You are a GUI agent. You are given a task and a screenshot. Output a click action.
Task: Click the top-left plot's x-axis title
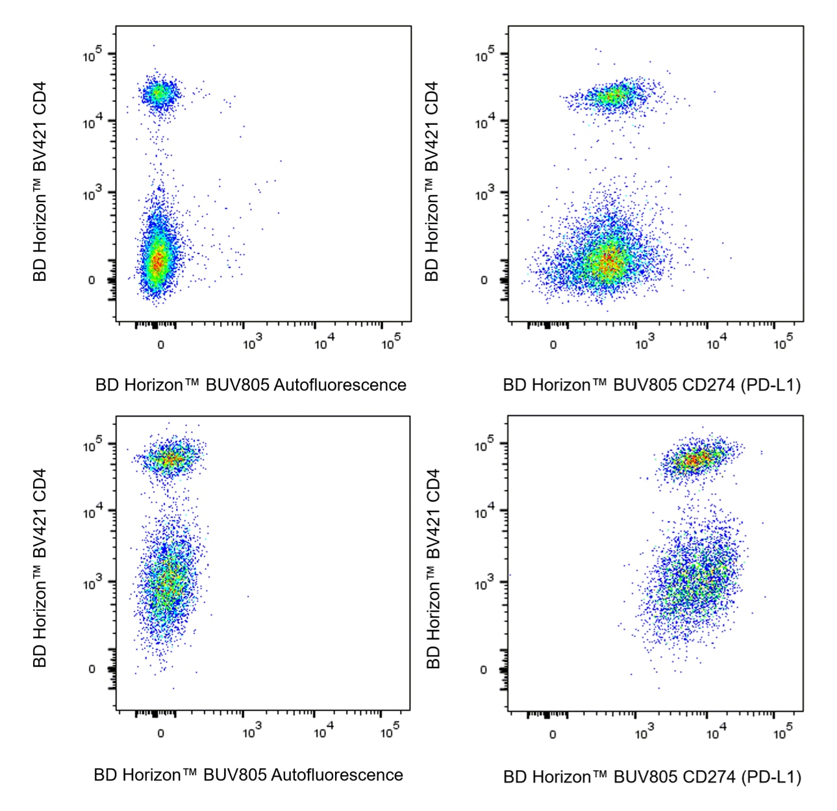tap(251, 385)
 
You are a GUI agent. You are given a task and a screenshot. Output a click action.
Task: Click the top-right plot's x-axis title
tap(651, 385)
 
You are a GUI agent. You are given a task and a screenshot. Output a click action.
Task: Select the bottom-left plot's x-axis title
tap(248, 775)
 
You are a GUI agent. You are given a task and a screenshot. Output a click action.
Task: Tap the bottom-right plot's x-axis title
tap(652, 777)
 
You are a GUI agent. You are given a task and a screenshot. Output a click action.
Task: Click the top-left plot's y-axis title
tap(40, 181)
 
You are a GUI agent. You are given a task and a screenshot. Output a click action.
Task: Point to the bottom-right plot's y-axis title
tap(433, 569)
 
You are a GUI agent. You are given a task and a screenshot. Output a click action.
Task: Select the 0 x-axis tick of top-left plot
tap(160, 344)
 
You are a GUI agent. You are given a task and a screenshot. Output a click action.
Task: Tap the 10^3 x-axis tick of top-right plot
tap(644, 343)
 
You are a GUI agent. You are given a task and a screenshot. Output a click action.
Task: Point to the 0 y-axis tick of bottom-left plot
tap(92, 669)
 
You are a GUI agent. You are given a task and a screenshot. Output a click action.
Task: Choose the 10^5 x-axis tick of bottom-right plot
tap(783, 733)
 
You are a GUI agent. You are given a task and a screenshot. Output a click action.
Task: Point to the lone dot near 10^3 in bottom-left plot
tap(247, 596)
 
